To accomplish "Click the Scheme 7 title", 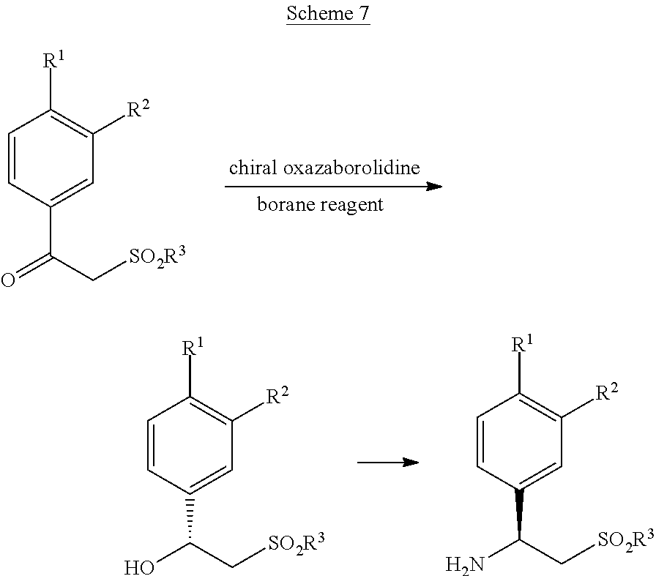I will tap(327, 15).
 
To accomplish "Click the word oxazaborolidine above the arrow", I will tap(353, 168).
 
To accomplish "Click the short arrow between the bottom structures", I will tap(387, 463).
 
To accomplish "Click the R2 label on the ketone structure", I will tap(138, 111).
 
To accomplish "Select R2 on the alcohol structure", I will tap(277, 397).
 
